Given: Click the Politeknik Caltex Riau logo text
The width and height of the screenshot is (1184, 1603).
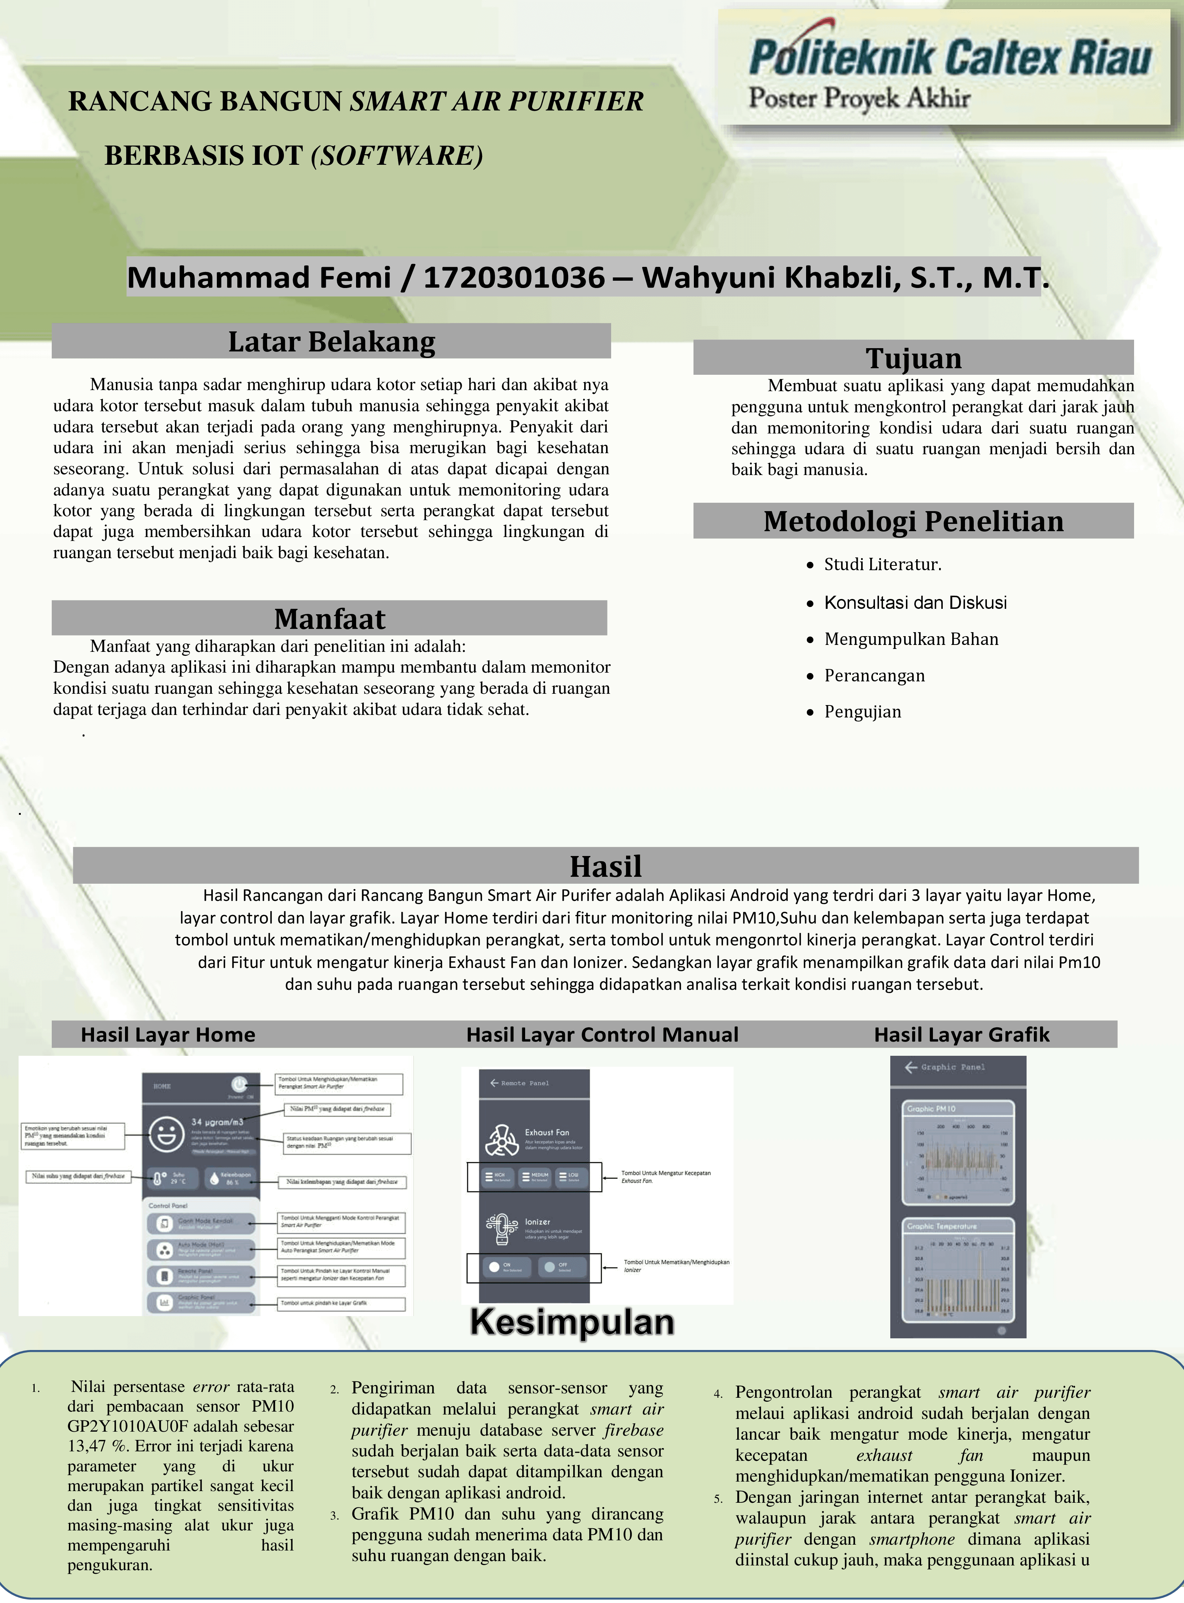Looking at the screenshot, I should coord(950,57).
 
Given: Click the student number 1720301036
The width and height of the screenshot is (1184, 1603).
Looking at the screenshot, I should coord(514,277).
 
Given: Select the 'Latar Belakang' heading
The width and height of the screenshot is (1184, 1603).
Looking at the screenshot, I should coord(331,342).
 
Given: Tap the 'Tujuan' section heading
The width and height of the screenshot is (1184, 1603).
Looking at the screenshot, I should coord(913,358).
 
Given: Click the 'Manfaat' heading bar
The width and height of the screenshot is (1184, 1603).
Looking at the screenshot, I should coord(330,618).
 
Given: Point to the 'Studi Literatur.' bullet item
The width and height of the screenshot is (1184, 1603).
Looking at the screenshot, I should coord(882,565).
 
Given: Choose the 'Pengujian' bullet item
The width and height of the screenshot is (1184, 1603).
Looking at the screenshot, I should coord(862,712).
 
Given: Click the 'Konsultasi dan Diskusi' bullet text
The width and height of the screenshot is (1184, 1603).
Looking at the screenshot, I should coord(915,602).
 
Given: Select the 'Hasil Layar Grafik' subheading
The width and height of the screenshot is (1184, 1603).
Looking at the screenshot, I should coord(961,1035).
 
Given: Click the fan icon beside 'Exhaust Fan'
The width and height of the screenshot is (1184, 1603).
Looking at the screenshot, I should coord(502,1140).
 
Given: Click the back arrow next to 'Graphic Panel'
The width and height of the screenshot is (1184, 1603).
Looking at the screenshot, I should coord(911,1067).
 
